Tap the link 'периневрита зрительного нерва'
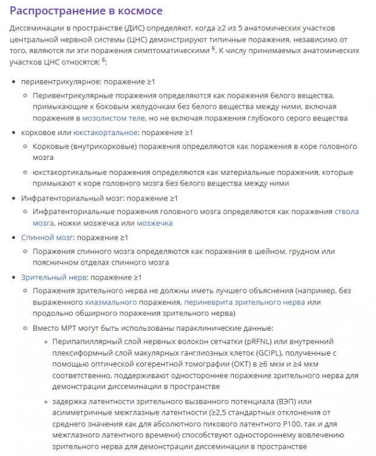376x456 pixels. coord(241,302)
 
